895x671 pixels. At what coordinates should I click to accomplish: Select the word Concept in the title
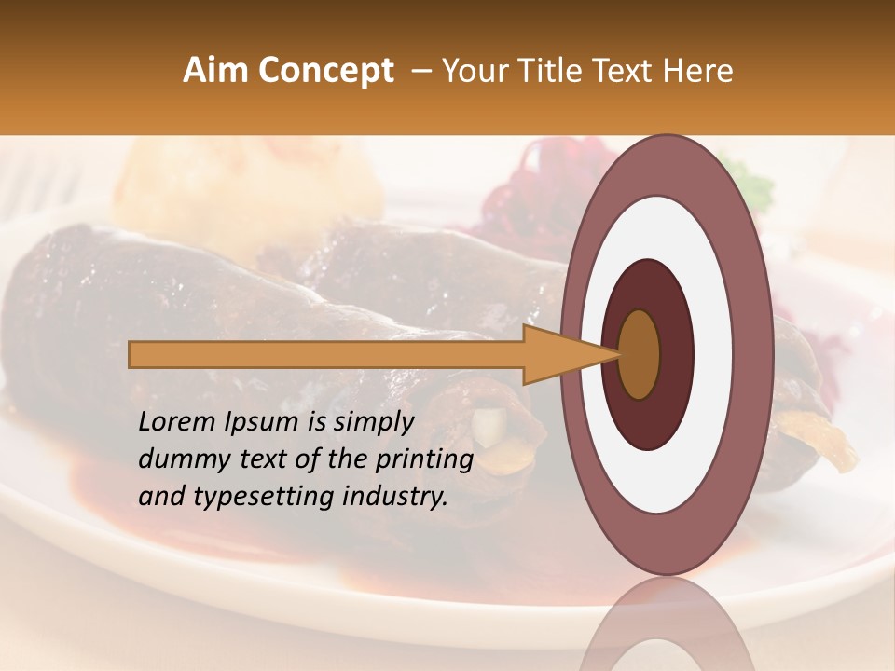(325, 71)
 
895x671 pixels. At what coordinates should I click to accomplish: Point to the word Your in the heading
(475, 71)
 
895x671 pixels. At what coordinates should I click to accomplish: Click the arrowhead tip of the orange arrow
(616, 354)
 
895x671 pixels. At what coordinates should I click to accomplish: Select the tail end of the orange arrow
(132, 354)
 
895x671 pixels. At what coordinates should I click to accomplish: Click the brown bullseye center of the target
(640, 354)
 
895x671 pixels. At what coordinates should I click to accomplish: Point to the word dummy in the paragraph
(179, 459)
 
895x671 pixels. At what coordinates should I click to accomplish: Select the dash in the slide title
(420, 71)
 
